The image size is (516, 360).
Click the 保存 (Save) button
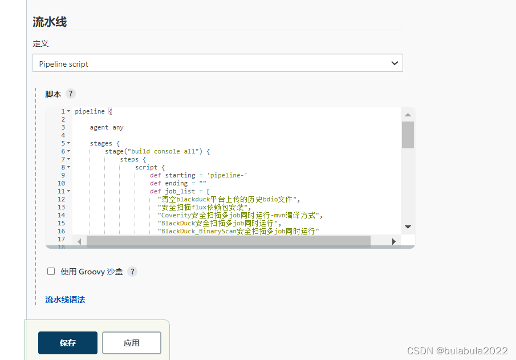point(68,342)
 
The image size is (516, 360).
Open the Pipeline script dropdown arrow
point(395,63)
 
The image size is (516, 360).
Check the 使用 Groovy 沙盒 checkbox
point(51,272)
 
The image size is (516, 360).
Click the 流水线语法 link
point(65,300)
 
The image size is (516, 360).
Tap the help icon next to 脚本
point(71,94)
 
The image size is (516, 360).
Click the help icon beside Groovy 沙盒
point(132,272)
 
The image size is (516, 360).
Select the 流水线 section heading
point(50,22)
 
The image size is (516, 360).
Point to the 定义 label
point(40,43)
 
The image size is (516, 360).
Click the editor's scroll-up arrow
point(408,115)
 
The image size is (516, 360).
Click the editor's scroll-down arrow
point(408,227)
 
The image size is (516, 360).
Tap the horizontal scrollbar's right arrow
point(393,241)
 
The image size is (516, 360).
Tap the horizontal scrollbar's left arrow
point(79,241)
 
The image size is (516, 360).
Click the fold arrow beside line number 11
point(69,191)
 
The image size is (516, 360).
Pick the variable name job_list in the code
point(180,191)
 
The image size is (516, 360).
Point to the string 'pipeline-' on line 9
point(227,175)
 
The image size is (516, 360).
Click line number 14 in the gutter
point(61,215)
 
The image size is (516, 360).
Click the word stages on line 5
point(101,144)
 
